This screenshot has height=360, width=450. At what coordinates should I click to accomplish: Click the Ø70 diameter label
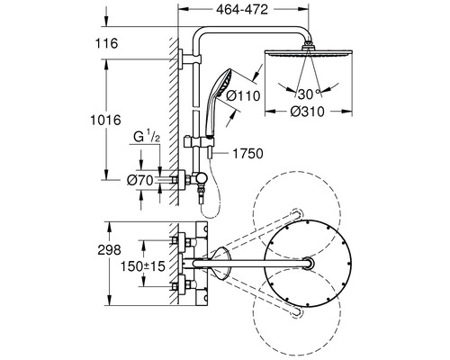[x=140, y=180]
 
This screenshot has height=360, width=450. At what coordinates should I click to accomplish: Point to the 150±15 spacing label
[x=145, y=268]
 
